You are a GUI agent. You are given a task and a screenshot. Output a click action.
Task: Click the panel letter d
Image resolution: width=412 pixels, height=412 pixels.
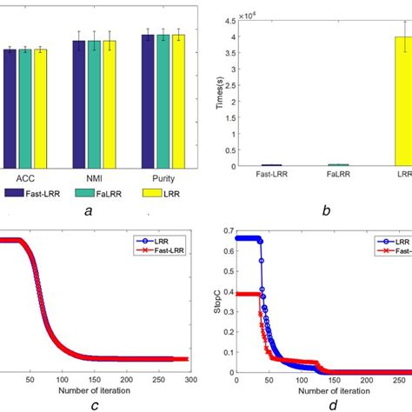[x=323, y=406]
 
